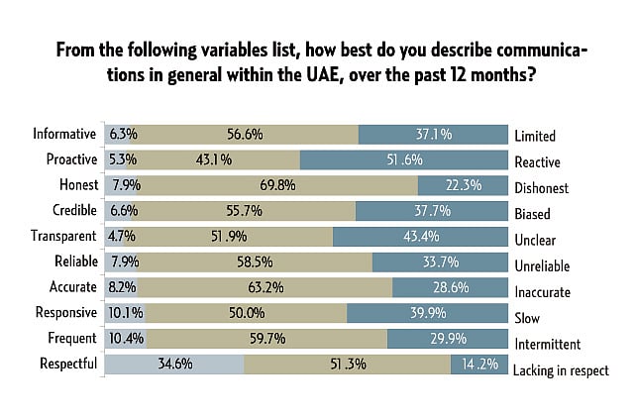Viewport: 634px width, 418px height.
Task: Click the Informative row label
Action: tap(63, 134)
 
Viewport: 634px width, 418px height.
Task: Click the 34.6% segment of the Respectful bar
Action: tap(174, 365)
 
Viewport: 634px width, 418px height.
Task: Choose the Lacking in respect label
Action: tap(561, 370)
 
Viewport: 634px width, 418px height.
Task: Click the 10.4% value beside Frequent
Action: tap(124, 339)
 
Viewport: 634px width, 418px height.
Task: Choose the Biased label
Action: tap(533, 212)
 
